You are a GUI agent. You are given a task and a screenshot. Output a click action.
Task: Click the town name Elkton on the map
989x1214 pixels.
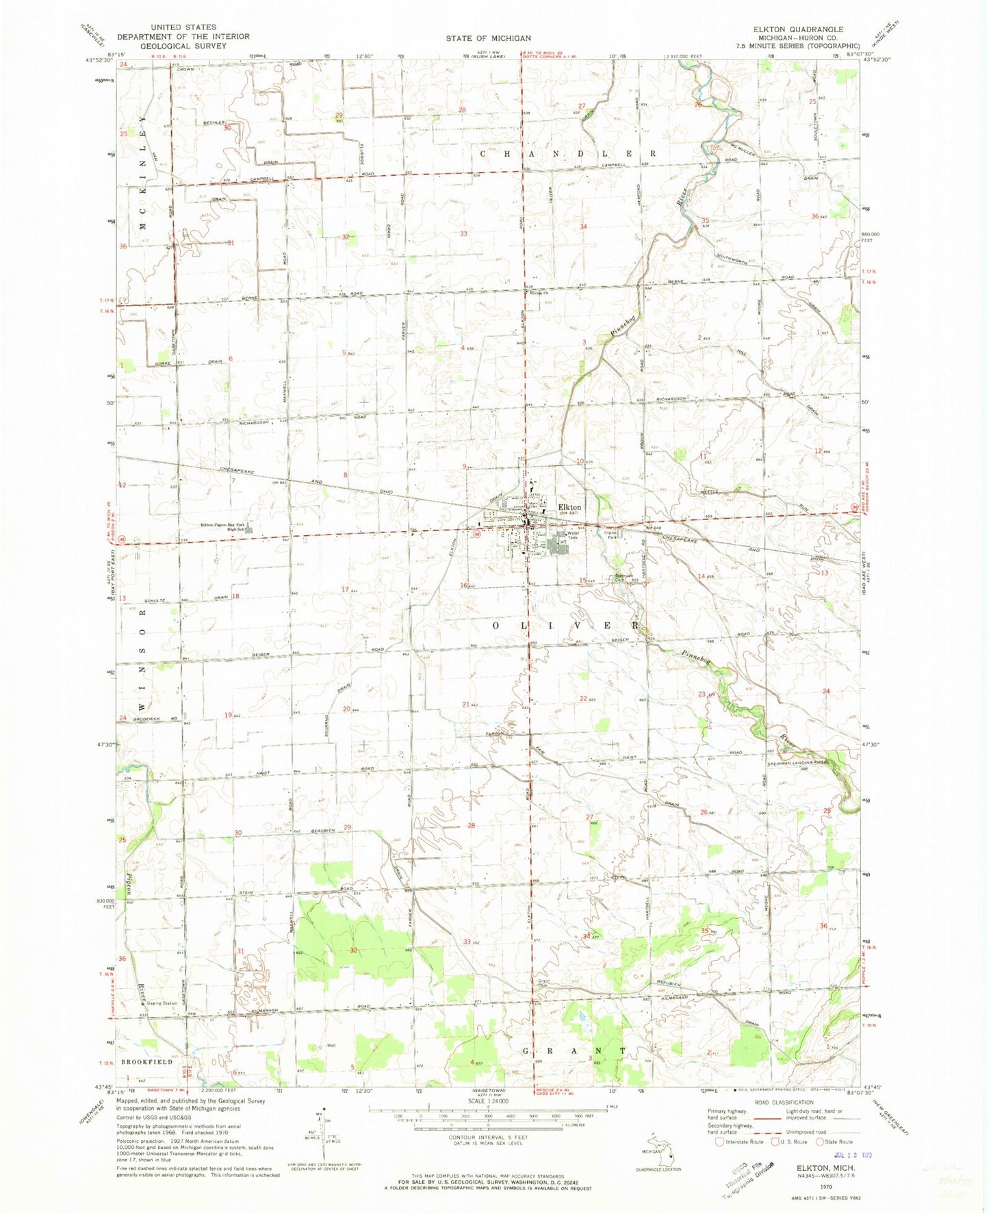(x=569, y=507)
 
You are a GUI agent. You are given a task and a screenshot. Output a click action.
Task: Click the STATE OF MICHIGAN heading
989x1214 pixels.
(x=489, y=38)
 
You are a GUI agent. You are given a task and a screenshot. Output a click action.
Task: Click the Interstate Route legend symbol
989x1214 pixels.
(x=719, y=1142)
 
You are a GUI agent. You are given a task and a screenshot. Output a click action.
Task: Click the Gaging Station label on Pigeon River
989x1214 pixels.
(x=162, y=1003)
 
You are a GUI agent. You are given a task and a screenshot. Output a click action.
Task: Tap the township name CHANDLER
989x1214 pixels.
(x=568, y=153)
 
